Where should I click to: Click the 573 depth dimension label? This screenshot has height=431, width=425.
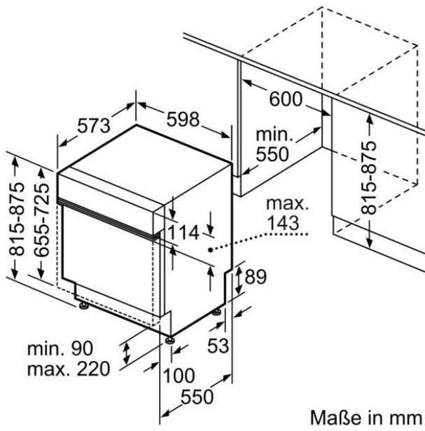[94, 126]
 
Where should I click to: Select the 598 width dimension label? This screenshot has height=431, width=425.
[183, 120]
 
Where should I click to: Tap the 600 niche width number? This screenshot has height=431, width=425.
[286, 99]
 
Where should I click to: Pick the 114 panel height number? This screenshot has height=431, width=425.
[183, 233]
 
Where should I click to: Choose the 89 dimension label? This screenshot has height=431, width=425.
[256, 277]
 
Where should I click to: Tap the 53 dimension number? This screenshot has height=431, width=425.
[218, 346]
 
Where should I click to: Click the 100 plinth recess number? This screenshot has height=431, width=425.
[179, 376]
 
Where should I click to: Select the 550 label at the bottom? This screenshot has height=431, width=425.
[197, 397]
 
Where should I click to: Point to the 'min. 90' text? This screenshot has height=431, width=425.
[60, 349]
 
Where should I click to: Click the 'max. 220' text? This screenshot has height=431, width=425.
[69, 369]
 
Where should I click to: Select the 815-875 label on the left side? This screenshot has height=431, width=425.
[17, 219]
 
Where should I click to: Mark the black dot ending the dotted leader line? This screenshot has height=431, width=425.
[210, 249]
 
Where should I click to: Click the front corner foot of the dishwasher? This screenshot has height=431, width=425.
[169, 340]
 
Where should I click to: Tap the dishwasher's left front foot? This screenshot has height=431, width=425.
[83, 306]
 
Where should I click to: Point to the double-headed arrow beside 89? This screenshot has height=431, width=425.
[239, 280]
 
